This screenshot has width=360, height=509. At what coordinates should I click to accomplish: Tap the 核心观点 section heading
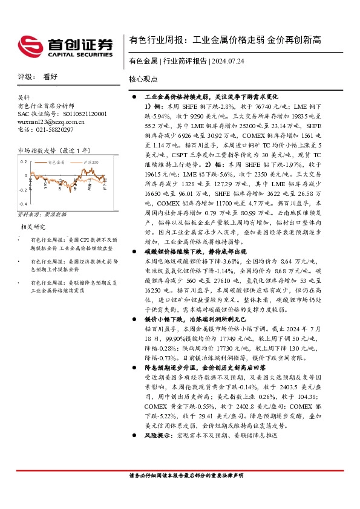144,79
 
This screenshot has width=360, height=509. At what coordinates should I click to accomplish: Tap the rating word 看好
50,77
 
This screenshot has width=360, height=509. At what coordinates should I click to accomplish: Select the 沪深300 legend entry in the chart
90,163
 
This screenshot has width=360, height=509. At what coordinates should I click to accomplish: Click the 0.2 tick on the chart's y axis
24,161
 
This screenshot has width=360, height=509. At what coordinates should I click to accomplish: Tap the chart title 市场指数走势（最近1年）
54,149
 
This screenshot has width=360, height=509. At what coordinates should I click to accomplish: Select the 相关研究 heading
34,227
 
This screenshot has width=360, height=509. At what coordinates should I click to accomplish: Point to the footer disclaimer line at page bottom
186,476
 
